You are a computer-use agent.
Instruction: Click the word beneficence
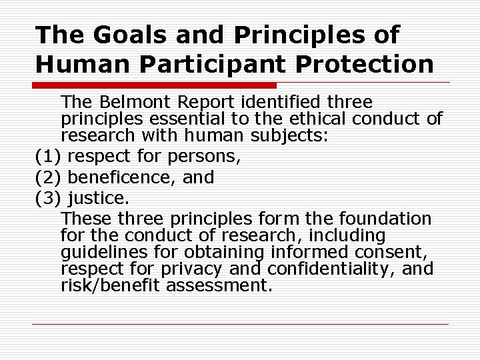click(x=125, y=178)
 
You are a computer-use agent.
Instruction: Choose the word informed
click(x=306, y=253)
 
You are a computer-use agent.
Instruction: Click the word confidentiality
click(x=341, y=269)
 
